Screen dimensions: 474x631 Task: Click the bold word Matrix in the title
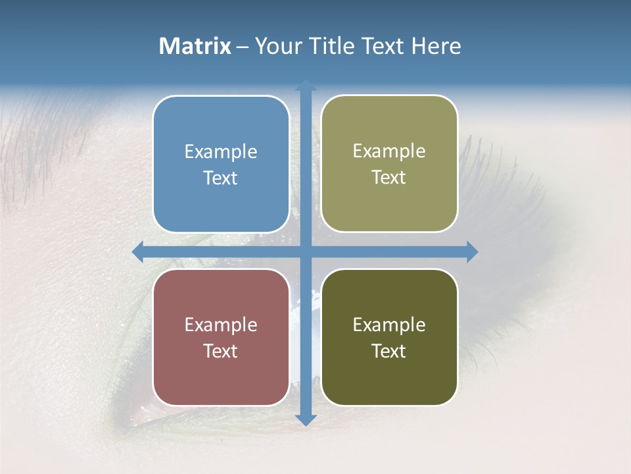click(x=195, y=46)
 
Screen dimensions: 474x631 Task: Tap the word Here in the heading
click(x=436, y=46)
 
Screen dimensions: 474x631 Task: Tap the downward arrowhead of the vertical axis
click(x=306, y=419)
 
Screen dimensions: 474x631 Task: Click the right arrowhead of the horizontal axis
click(x=471, y=251)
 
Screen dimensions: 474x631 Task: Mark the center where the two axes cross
click(x=306, y=251)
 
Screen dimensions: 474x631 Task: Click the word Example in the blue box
click(x=221, y=152)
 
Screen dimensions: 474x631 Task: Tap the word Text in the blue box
click(x=221, y=178)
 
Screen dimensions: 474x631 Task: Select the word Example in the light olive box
click(x=389, y=151)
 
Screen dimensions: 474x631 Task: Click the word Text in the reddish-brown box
click(x=221, y=351)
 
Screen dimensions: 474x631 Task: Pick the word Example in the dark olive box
click(x=389, y=325)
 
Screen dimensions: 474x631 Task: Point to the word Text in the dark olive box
click(x=389, y=351)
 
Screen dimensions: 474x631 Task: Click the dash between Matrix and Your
click(x=243, y=47)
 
